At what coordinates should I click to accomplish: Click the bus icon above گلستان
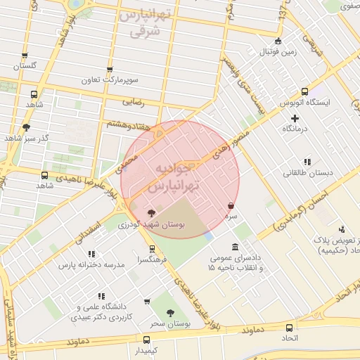(25, 56)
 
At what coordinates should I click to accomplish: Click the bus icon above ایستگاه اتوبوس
(304, 91)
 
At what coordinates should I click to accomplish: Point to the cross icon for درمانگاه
(295, 118)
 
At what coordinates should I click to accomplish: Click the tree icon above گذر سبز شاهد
(26, 127)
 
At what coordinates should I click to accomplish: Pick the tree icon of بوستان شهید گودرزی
(151, 212)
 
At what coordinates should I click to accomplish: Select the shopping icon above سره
(231, 205)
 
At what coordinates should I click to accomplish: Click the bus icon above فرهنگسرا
(152, 249)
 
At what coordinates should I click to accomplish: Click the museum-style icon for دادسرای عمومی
(234, 247)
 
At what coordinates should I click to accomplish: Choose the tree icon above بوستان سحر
(171, 312)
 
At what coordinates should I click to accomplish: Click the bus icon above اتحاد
(289, 327)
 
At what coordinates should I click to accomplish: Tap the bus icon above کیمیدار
(146, 339)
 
